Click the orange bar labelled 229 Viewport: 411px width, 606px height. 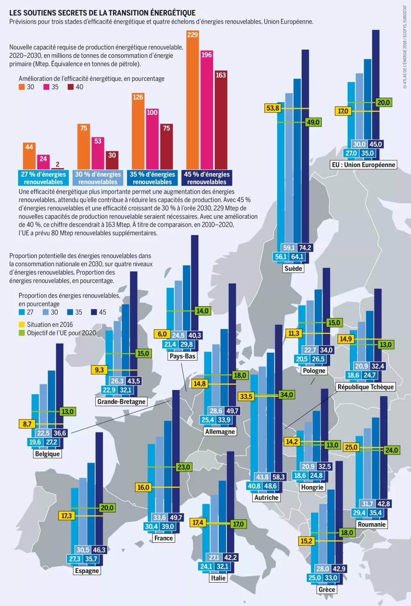pyautogui.click(x=192, y=101)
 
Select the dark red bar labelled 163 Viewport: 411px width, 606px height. pyautogui.click(x=221, y=122)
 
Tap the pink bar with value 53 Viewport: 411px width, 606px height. pyautogui.click(x=98, y=153)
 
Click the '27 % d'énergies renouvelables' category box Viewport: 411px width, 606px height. pyautogui.click(x=43, y=178)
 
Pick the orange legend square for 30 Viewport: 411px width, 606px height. pyautogui.click(x=22, y=87)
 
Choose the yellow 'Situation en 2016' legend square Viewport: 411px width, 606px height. pyautogui.click(x=22, y=324)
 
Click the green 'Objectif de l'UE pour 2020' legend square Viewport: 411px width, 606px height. pyautogui.click(x=22, y=333)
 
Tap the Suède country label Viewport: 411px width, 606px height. pyautogui.click(x=293, y=268)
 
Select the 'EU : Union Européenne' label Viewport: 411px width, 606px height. pyautogui.click(x=363, y=165)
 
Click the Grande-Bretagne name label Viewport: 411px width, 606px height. pyautogui.click(x=121, y=401)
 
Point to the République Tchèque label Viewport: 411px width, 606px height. pyautogui.click(x=366, y=387)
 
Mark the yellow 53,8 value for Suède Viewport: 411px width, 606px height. pyautogui.click(x=273, y=108)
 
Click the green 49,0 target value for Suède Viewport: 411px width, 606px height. pyautogui.click(x=313, y=122)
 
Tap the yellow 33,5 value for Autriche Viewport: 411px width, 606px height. pyautogui.click(x=246, y=396)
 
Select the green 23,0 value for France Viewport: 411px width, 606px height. pyautogui.click(x=184, y=467)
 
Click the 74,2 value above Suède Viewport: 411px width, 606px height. pyautogui.click(x=305, y=248)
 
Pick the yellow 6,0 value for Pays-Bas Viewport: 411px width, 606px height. pyautogui.click(x=162, y=334)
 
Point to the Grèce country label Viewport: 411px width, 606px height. pyautogui.click(x=327, y=589)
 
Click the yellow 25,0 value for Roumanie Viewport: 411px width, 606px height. pyautogui.click(x=351, y=447)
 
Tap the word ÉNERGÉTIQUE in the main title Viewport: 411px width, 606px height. pyautogui.click(x=172, y=13)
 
